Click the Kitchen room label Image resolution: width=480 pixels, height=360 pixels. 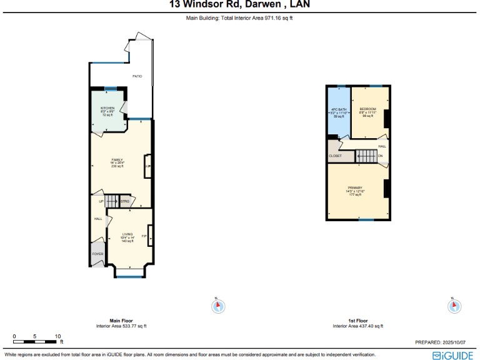click(x=107, y=108)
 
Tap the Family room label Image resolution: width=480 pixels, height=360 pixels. click(x=117, y=159)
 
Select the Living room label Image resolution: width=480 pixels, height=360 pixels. click(x=127, y=234)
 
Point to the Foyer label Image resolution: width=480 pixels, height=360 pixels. click(x=98, y=254)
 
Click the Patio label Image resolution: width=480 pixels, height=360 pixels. click(x=137, y=76)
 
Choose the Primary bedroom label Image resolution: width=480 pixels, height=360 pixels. click(x=356, y=188)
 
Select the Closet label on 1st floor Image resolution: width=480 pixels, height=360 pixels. click(x=336, y=156)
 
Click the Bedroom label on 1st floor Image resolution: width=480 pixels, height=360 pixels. click(x=367, y=109)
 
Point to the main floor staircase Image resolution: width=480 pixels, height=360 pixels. click(x=111, y=201)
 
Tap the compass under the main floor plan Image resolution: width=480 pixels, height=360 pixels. click(x=218, y=306)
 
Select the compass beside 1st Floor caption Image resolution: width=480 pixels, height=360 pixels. click(x=454, y=306)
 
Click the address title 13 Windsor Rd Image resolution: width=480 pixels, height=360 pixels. click(x=240, y=5)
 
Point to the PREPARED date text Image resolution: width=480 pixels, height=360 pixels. click(x=441, y=342)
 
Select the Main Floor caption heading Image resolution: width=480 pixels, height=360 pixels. click(x=121, y=321)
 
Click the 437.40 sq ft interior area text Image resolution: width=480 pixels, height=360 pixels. click(x=357, y=326)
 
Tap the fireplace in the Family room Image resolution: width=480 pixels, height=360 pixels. click(x=147, y=166)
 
